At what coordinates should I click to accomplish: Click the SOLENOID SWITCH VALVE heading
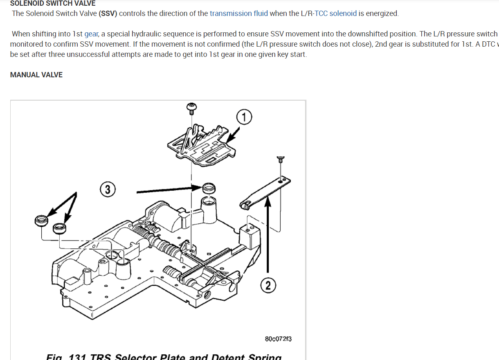click(x=53, y=3)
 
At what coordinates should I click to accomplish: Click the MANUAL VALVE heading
click(x=36, y=75)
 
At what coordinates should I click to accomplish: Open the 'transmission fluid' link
click(x=239, y=13)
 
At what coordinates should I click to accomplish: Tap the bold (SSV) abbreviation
click(x=108, y=13)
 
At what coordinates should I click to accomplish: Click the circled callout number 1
click(x=244, y=117)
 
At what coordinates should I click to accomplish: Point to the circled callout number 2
click(x=268, y=286)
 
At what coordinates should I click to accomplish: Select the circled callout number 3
click(x=108, y=190)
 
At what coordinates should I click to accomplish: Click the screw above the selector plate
click(x=191, y=108)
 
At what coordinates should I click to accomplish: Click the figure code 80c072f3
click(x=278, y=339)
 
